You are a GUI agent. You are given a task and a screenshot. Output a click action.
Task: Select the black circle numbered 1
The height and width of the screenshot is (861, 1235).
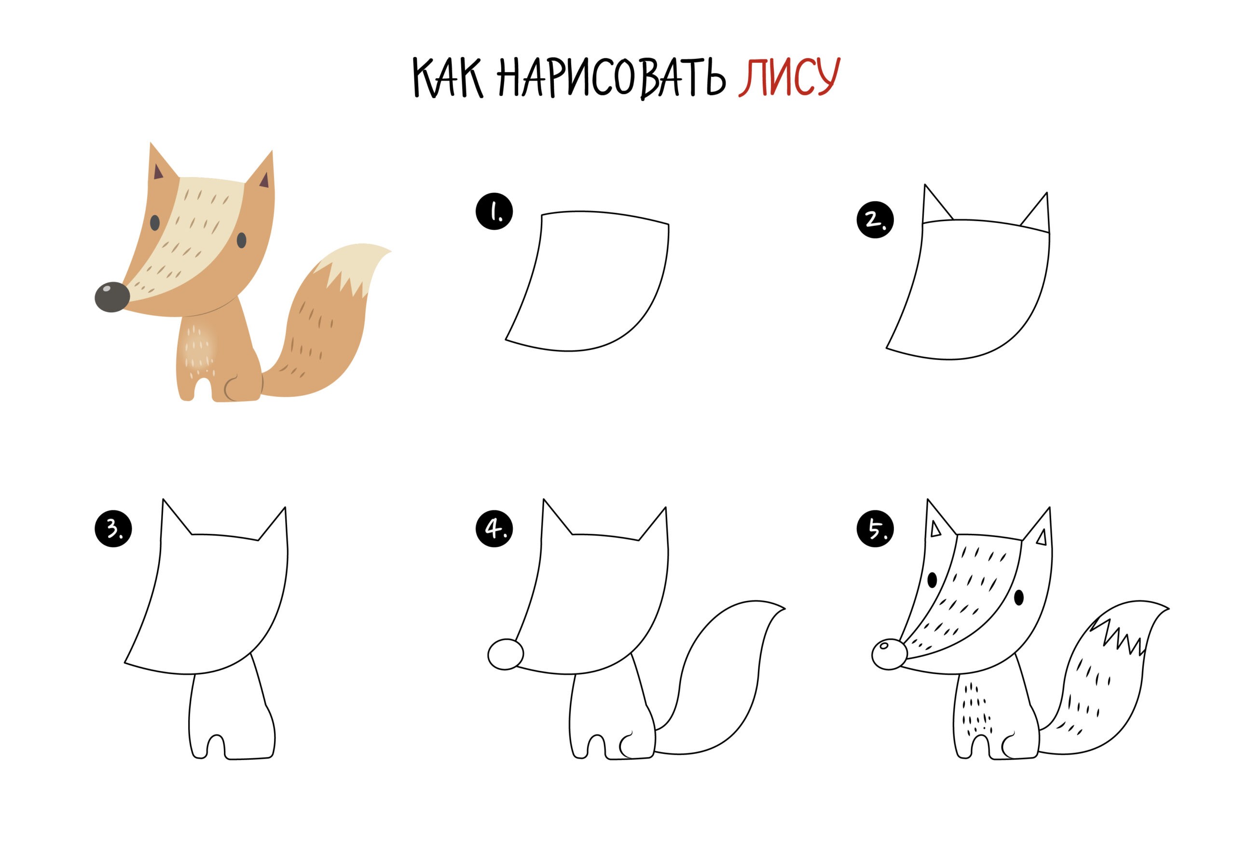coord(494,212)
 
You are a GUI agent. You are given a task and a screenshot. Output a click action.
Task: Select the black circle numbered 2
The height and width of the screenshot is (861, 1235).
coord(875,219)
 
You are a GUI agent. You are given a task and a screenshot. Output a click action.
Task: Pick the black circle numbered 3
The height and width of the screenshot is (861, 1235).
coord(113,529)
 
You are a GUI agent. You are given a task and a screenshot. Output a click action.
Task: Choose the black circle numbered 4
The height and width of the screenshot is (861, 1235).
coord(494,529)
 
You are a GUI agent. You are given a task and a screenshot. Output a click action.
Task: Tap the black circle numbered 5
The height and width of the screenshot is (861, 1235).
coord(875,529)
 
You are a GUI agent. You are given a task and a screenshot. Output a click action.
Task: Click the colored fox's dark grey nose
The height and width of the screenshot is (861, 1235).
coord(112,296)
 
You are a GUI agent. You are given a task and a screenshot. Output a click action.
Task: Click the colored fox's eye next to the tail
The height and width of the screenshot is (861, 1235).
coord(242,240)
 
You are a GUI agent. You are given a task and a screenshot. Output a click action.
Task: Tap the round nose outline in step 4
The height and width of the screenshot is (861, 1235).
coord(505,654)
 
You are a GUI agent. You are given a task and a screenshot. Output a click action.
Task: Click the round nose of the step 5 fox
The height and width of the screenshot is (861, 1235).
coord(889,654)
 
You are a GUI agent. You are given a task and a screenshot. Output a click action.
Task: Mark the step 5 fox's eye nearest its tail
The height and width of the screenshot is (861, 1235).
coord(1019,597)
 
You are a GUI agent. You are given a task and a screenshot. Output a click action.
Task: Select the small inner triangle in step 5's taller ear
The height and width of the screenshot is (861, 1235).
coord(935,529)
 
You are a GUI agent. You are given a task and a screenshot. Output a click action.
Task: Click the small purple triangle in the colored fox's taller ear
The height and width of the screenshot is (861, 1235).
coord(158,172)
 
